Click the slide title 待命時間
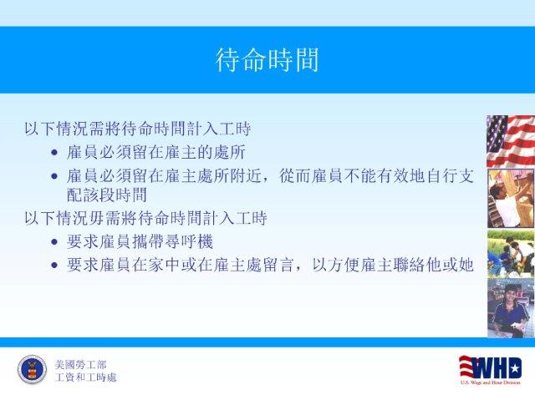pyautogui.click(x=267, y=60)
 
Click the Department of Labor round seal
pyautogui.click(x=32, y=370)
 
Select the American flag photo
pyautogui.click(x=511, y=141)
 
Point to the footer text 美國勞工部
pyautogui.click(x=80, y=365)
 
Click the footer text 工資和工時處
pyautogui.click(x=85, y=377)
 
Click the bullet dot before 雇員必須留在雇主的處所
pyautogui.click(x=54, y=152)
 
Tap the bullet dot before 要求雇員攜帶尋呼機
pyautogui.click(x=54, y=242)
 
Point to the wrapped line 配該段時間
pyautogui.click(x=107, y=195)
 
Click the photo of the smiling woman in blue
pyautogui.click(x=511, y=308)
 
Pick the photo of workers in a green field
pyautogui.click(x=511, y=254)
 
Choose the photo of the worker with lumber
pyautogui.click(x=511, y=199)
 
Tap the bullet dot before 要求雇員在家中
pyautogui.click(x=54, y=265)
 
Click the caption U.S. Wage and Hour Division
pyautogui.click(x=491, y=382)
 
